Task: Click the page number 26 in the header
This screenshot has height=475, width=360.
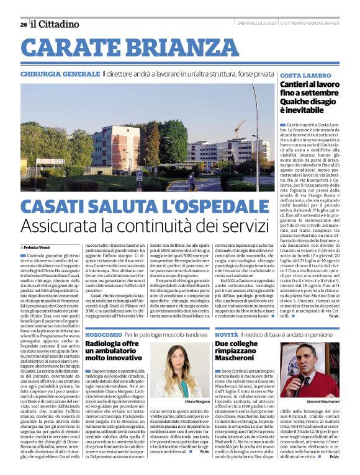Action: tap(24, 25)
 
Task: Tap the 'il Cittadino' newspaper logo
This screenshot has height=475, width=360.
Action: tap(55, 24)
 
